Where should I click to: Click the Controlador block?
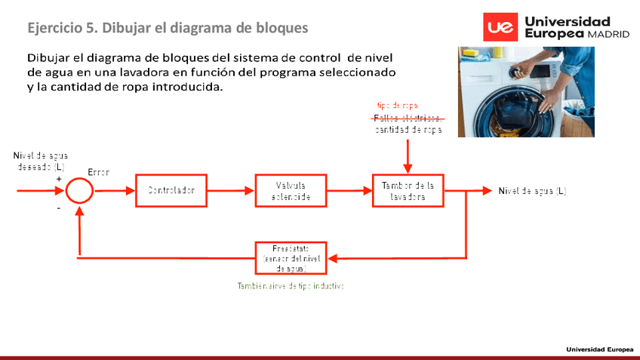[x=171, y=190]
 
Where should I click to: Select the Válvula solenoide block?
[x=291, y=191]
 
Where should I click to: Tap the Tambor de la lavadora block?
[x=408, y=191]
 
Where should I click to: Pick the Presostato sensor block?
[x=291, y=258]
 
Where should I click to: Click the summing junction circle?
[x=78, y=191]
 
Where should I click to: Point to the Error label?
[x=98, y=173]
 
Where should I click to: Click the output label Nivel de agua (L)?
[x=532, y=191]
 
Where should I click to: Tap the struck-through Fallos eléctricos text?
[x=408, y=118]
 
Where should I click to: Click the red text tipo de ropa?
[x=398, y=106]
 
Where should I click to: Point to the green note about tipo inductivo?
[x=291, y=286]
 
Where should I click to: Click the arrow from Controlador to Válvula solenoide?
[x=229, y=191]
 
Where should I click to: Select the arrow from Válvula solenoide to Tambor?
[x=349, y=191]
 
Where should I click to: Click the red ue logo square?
[x=500, y=28]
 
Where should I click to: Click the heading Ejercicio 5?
[x=168, y=28]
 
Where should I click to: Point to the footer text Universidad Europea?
[x=600, y=349]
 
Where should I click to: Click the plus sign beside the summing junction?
[x=59, y=180]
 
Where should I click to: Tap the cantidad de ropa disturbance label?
[x=408, y=130]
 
